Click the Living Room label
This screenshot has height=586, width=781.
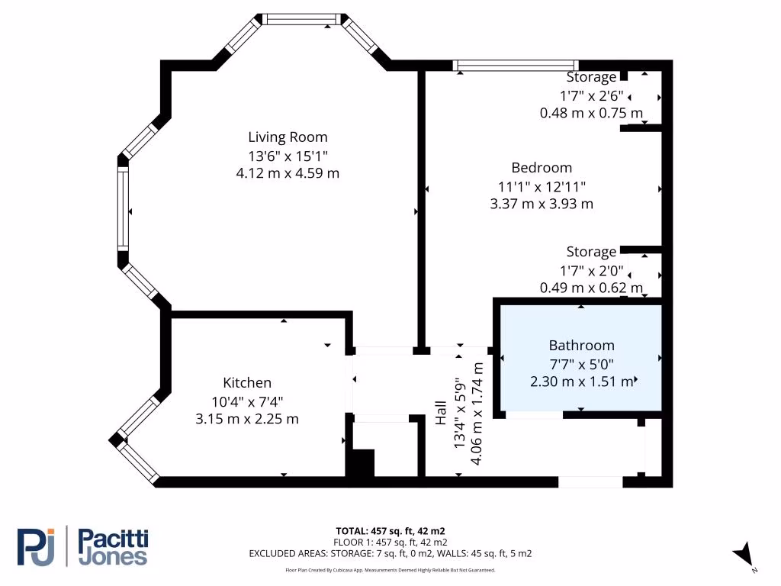pos(288,137)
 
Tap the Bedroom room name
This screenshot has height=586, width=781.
pos(542,168)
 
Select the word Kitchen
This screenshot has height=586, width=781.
pos(247,383)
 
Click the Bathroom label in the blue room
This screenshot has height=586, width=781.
pos(581,346)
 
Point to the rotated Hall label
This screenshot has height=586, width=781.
pos(441,413)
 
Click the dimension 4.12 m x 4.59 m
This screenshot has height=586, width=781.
pos(288,173)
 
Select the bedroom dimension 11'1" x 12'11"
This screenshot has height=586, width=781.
pos(542,187)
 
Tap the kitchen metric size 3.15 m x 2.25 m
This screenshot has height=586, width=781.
pos(247,419)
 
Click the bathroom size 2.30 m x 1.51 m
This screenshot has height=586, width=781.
pos(581,382)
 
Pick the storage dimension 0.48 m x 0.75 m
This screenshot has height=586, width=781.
pos(591,113)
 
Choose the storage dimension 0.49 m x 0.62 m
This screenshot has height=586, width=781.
pos(591,288)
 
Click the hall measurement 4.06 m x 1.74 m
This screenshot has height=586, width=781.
pos(476,414)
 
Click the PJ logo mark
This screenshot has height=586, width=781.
pos(36,546)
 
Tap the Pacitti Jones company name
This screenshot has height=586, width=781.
pos(114,547)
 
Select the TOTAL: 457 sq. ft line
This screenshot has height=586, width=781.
pos(390,531)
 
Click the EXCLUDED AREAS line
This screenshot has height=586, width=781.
pos(390,554)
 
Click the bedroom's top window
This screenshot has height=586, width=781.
pos(516,66)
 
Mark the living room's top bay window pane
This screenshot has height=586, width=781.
pos(302,19)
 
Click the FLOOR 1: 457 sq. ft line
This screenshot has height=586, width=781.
pos(390,543)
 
